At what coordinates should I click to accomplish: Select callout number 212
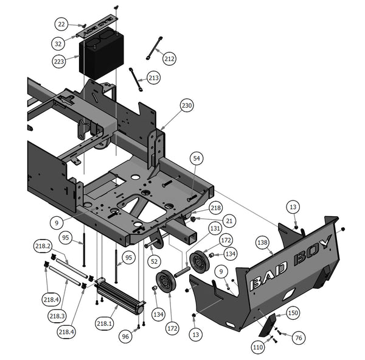coord(169,58)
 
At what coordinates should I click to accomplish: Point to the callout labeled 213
coord(153,79)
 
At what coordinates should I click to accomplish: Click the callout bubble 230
coord(187,105)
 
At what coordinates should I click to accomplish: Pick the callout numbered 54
coord(196,158)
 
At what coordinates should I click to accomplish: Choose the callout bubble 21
coord(229,219)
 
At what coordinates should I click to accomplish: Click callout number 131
coord(215,229)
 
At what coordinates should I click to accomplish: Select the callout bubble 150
coord(293,312)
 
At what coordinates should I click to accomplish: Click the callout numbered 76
coord(298,337)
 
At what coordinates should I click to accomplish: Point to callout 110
coord(257,347)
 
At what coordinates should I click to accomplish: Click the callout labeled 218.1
coord(105,323)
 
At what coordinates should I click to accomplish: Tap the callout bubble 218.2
coord(43,245)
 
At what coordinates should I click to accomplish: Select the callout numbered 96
coord(126,335)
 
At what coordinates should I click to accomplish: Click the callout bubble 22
coord(62,24)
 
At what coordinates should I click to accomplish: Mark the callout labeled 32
coord(58,44)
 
